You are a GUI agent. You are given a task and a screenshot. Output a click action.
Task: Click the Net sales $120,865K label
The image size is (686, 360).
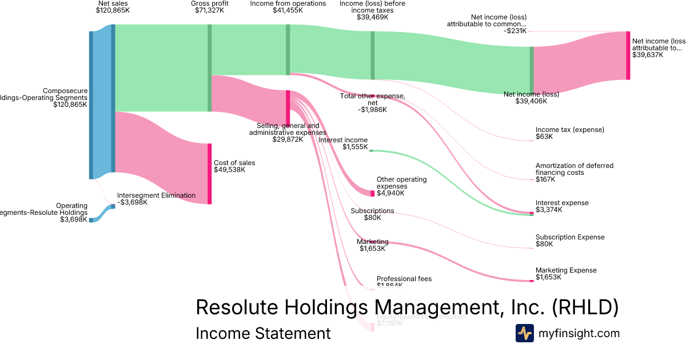pyautogui.click(x=113, y=7)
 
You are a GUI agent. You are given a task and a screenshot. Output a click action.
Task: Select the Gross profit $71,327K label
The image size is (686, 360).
pyautogui.click(x=209, y=7)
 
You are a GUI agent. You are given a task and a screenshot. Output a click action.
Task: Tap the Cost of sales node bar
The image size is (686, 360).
pyautogui.click(x=209, y=174)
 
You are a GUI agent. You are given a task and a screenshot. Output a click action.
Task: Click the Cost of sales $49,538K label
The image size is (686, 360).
pyautogui.click(x=234, y=166)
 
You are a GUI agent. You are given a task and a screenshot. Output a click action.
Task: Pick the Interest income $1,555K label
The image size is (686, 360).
pyautogui.click(x=343, y=143)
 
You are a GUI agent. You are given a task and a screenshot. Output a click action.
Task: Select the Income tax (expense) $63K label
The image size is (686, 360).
pyautogui.click(x=569, y=133)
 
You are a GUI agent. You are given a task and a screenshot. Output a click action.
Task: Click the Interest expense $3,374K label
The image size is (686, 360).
pyautogui.click(x=561, y=206)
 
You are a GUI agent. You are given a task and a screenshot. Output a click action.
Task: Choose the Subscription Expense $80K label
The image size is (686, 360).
pyautogui.click(x=569, y=241)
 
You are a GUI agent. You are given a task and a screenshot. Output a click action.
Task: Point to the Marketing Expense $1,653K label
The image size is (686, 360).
pyautogui.click(x=565, y=274)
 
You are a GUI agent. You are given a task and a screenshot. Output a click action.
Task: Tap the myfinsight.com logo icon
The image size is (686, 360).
pyautogui.click(x=524, y=333)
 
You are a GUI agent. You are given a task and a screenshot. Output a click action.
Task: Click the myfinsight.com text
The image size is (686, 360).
pyautogui.click(x=579, y=333)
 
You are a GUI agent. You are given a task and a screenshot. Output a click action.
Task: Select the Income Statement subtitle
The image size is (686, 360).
pyautogui.click(x=263, y=333)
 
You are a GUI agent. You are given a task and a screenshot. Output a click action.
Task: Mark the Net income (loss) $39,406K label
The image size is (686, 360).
pyautogui.click(x=531, y=98)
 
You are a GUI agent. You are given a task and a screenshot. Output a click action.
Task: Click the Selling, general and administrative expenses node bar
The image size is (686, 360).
pyautogui.click(x=288, y=107)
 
